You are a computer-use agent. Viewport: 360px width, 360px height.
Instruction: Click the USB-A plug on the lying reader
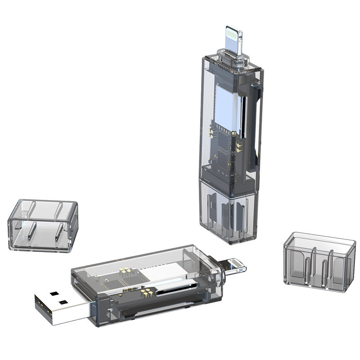click(x=61, y=306)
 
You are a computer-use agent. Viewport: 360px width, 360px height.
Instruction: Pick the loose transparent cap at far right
click(x=320, y=261)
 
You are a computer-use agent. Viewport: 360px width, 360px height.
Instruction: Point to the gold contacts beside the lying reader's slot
click(x=146, y=292)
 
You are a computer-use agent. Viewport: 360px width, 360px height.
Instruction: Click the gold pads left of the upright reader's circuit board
click(x=210, y=131)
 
